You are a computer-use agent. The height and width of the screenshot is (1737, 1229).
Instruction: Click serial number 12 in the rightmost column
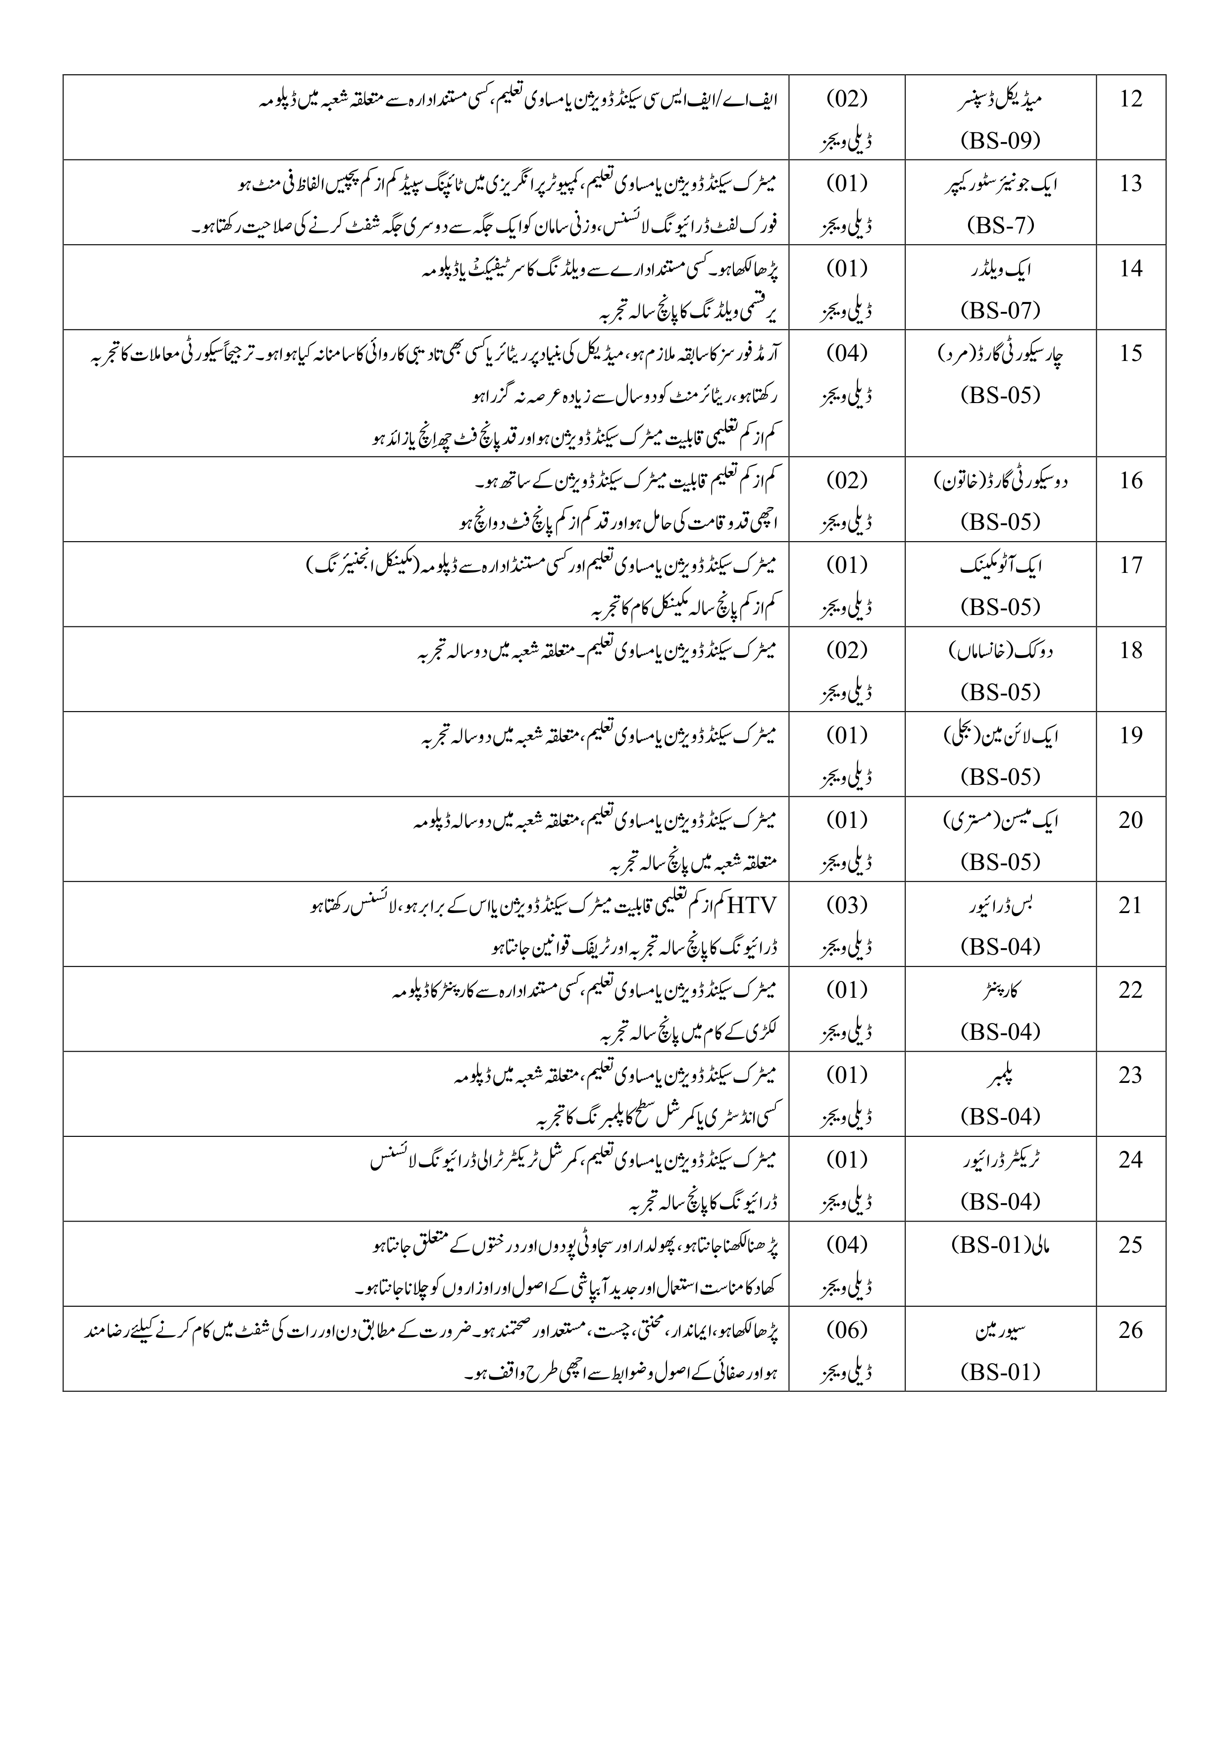pyautogui.click(x=1130, y=99)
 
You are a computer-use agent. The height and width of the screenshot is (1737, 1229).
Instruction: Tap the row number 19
pyautogui.click(x=1130, y=735)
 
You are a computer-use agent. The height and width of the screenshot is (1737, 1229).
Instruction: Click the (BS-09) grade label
pyautogui.click(x=1000, y=140)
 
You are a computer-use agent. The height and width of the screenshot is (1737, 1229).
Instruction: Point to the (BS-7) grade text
pyautogui.click(x=1000, y=225)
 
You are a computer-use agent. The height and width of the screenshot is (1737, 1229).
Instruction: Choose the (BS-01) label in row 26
pyautogui.click(x=1000, y=1372)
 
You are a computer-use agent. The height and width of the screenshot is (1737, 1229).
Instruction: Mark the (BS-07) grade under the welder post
pyautogui.click(x=1000, y=310)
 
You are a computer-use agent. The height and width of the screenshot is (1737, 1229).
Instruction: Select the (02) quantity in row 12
pyautogui.click(x=847, y=99)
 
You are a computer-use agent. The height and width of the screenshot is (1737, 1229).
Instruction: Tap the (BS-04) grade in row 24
pyautogui.click(x=1000, y=1201)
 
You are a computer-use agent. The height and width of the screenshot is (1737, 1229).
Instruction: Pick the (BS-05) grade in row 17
pyautogui.click(x=1000, y=607)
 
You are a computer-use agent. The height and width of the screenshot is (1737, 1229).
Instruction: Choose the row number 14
pyautogui.click(x=1130, y=268)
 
